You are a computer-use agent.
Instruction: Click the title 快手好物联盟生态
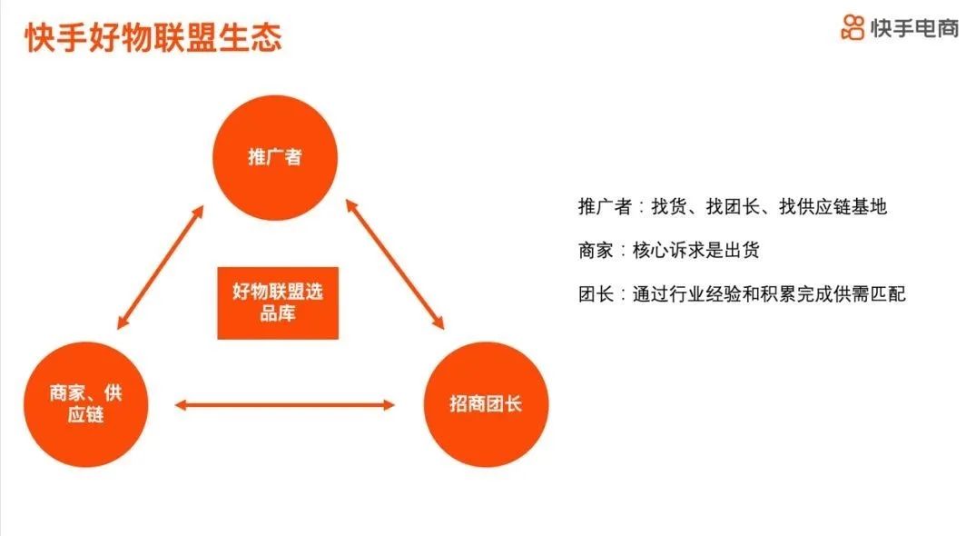pos(153,37)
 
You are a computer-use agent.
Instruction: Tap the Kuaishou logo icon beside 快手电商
pos(853,28)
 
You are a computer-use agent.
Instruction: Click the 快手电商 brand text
pos(915,28)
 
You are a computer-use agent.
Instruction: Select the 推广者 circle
pos(275,157)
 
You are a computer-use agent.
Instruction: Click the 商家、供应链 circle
pos(86,404)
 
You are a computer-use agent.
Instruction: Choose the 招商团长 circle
pos(486,404)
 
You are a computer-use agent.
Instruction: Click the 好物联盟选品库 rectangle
pos(278,303)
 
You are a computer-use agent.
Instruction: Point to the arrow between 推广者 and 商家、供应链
pos(160,267)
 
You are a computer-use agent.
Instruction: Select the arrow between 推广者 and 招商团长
pos(395,264)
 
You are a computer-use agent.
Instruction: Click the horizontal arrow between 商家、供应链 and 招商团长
pos(285,404)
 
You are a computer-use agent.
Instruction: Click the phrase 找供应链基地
pos(833,206)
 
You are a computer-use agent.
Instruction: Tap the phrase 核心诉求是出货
pos(695,250)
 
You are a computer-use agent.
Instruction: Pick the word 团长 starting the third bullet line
pos(596,293)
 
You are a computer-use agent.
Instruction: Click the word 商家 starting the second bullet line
pos(596,250)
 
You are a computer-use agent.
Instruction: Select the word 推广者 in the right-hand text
pos(605,206)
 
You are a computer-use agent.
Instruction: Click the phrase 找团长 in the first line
pos(733,206)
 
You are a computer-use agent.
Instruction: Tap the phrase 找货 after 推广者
pos(669,206)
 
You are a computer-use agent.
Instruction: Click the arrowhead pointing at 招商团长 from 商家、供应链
pos(389,404)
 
